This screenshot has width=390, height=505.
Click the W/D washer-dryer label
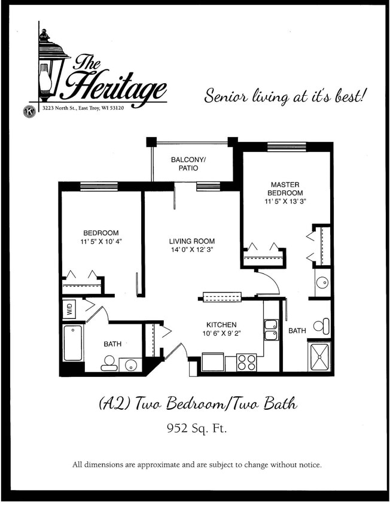coord(69,309)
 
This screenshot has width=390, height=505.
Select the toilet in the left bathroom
coord(109,363)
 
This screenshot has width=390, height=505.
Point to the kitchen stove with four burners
coord(246,362)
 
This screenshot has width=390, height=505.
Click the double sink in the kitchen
coord(270,330)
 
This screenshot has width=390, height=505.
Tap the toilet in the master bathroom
coord(322,326)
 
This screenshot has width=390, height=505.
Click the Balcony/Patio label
coord(188,164)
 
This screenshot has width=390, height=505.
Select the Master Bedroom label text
coord(285,189)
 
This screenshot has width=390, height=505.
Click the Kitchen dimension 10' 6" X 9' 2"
coord(221,333)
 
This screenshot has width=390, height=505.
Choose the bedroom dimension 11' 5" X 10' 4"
coord(100,241)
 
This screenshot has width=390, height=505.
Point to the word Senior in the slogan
coord(227,96)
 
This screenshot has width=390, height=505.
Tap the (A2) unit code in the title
coord(114,404)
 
